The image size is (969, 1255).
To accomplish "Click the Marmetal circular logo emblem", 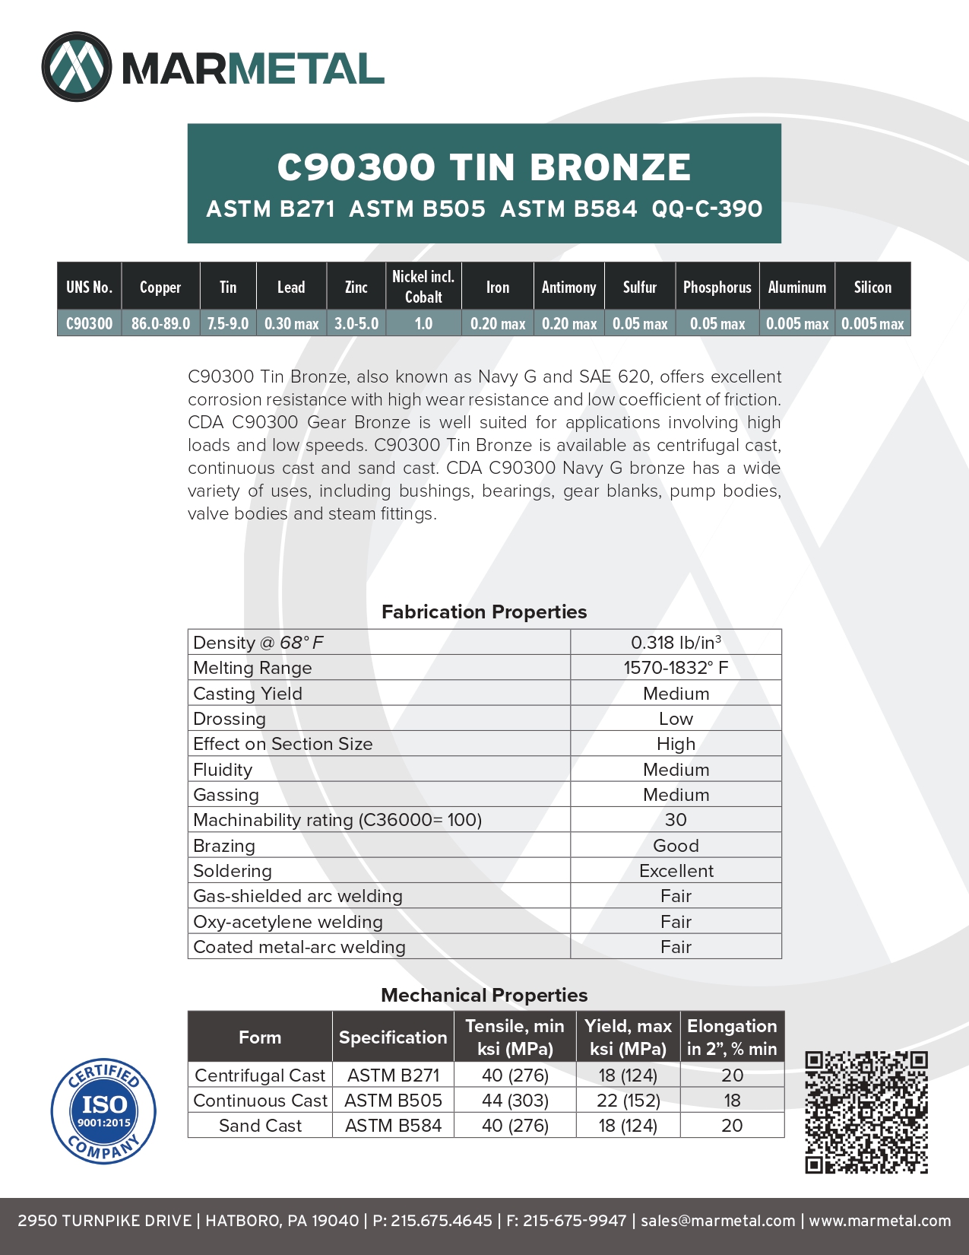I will click(77, 67).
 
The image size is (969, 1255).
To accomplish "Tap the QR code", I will click(866, 1112).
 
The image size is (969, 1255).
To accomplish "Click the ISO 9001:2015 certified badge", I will click(103, 1110).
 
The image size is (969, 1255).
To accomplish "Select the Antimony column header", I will click(568, 287).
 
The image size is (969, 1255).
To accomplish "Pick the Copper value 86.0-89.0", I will click(160, 323).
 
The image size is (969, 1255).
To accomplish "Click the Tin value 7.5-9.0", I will click(228, 323).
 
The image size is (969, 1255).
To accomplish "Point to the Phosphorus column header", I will click(717, 287).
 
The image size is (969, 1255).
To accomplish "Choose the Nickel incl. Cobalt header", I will click(423, 287).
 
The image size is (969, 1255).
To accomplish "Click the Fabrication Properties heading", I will click(484, 612).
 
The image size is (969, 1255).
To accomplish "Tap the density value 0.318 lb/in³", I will click(676, 643).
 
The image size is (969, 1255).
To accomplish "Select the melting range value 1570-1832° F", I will click(676, 668).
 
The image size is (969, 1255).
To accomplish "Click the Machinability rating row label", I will click(337, 820).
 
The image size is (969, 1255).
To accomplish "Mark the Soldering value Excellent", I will click(676, 871).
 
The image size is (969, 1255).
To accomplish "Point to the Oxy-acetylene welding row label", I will click(288, 922).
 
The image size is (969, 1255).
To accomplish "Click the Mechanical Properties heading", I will click(484, 995).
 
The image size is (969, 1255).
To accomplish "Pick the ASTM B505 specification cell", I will click(393, 1101).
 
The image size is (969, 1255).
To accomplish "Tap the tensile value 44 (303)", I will click(515, 1101).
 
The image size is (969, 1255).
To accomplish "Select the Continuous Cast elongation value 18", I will click(732, 1101).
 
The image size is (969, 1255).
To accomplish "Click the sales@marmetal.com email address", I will click(717, 1221).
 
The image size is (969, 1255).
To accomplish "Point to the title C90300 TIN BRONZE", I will click(484, 167).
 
